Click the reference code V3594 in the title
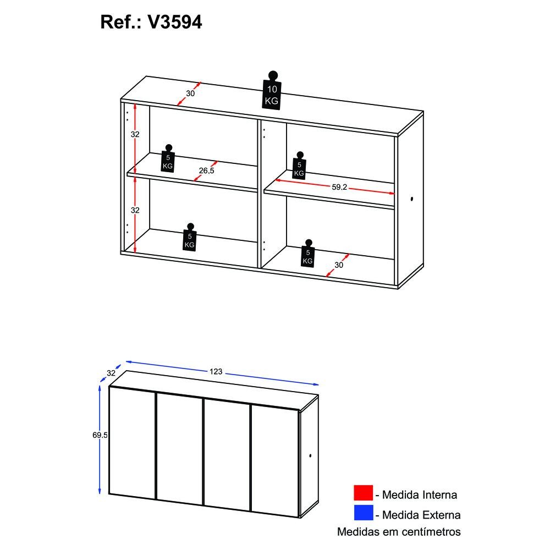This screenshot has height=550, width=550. [x=175, y=22]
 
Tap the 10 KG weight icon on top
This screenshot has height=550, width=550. [x=272, y=91]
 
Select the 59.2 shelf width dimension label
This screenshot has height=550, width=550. [x=339, y=188]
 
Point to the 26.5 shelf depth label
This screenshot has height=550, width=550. [x=206, y=170]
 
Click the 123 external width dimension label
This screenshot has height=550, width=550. [x=216, y=371]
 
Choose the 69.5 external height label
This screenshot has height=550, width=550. [x=100, y=435]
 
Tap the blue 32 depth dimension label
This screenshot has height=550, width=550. [x=111, y=373]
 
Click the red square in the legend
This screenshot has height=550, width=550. [x=363, y=492]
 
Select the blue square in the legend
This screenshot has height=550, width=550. [x=363, y=513]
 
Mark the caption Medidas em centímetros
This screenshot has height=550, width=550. [x=399, y=532]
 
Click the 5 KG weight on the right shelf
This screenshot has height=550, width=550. [x=299, y=166]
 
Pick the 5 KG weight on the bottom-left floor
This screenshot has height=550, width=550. [x=190, y=237]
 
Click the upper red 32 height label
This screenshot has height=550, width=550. [x=135, y=134]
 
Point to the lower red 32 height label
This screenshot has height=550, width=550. [x=135, y=210]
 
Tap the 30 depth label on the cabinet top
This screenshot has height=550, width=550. [x=190, y=94]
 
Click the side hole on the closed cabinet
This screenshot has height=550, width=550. [x=310, y=455]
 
